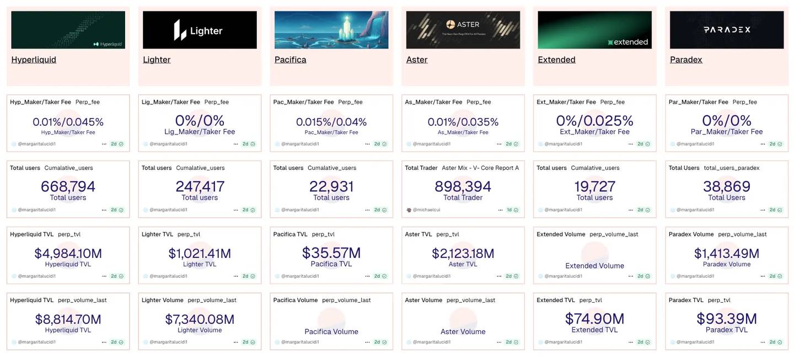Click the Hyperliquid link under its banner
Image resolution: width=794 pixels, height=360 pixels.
tap(34, 60)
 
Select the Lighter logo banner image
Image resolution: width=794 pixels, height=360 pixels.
tap(200, 30)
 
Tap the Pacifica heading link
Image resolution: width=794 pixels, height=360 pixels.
tap(290, 60)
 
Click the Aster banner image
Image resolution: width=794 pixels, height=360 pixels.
tap(463, 30)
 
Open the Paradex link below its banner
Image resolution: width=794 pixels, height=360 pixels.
tap(686, 60)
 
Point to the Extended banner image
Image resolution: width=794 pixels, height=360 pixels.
tap(594, 30)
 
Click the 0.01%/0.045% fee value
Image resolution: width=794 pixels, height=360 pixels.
tap(68, 122)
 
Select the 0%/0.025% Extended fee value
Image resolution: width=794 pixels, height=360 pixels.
tap(594, 121)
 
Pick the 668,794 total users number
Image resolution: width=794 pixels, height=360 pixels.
tap(68, 186)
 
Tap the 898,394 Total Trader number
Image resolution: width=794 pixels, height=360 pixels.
tap(463, 186)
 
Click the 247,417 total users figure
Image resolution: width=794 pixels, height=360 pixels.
tap(200, 186)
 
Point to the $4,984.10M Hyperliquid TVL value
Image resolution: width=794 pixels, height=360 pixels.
tap(68, 253)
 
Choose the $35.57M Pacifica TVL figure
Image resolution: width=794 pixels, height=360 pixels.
tap(331, 252)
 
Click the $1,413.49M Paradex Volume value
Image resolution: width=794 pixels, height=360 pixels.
tap(726, 253)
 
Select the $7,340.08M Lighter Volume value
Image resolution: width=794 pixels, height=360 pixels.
tap(200, 319)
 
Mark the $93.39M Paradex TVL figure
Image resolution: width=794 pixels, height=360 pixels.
tap(726, 319)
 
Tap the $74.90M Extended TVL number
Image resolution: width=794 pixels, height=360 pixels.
tap(594, 319)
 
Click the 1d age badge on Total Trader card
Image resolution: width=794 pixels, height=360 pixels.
tap(509, 210)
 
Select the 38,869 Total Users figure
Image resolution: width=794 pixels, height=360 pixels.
tap(726, 186)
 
